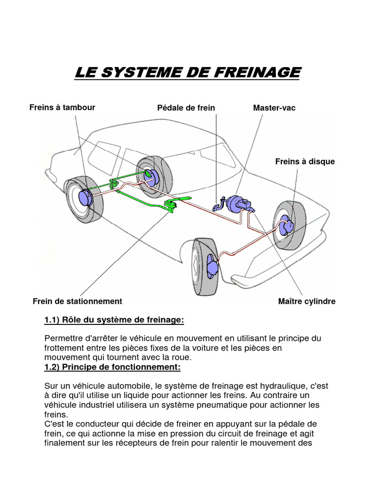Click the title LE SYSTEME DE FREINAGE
(187, 72)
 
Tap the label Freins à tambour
(62, 107)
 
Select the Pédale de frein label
(186, 107)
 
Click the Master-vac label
(274, 107)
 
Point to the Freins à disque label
(305, 161)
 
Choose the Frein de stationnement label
(77, 301)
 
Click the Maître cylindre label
(306, 301)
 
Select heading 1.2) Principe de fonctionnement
(112, 366)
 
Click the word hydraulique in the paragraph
(284, 386)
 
